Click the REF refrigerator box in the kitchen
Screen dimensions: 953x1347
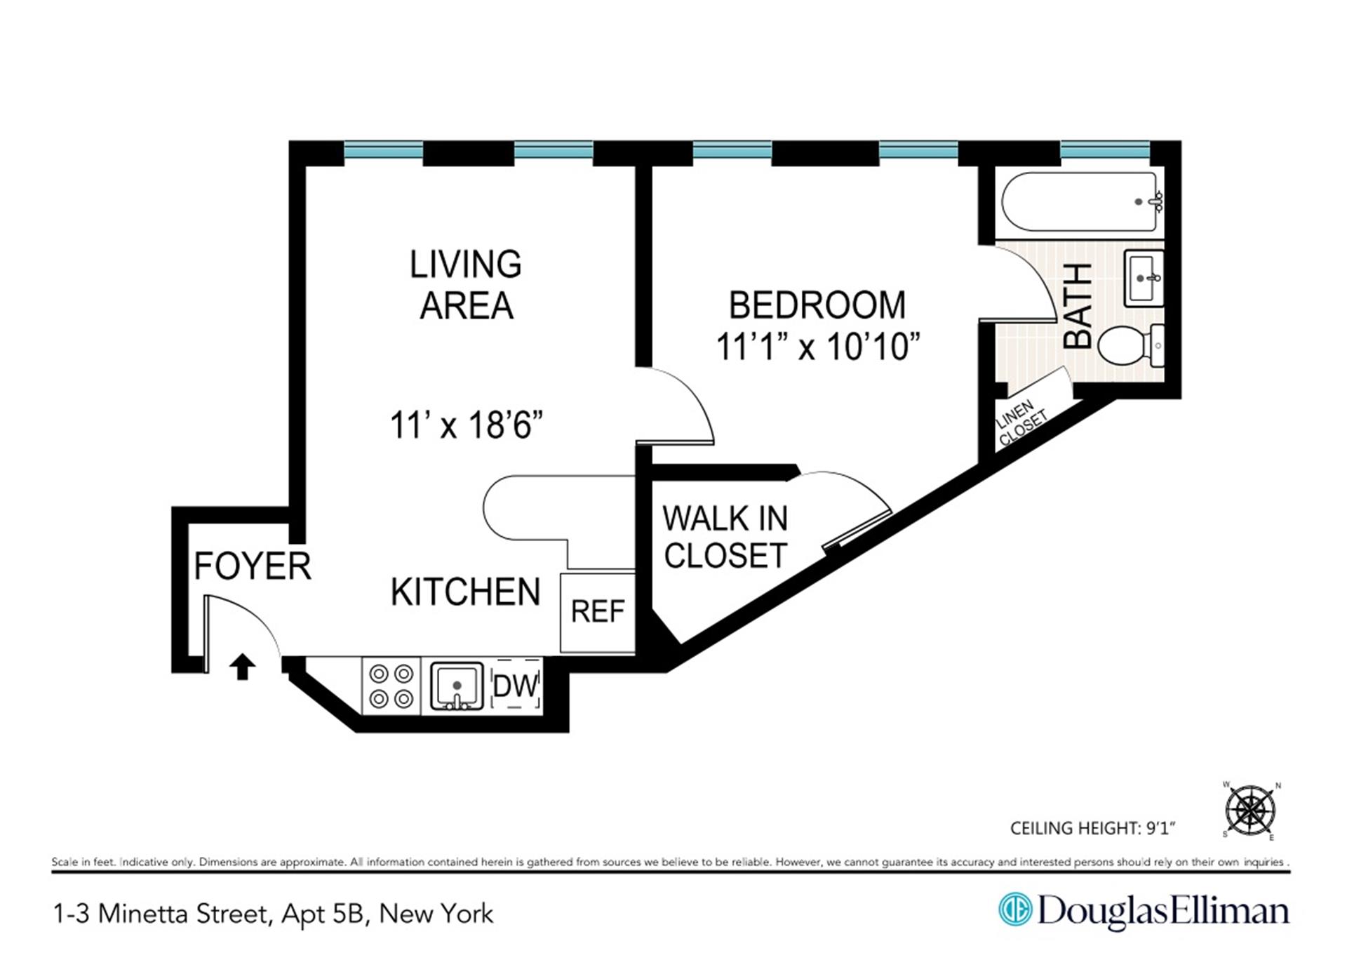pos(597,612)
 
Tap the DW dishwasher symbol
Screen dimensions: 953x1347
pos(516,686)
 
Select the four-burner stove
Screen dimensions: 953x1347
pos(391,686)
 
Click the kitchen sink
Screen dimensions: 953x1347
pos(457,686)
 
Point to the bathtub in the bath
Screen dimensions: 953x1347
pos(1080,202)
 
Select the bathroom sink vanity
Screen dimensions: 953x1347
pos(1144,279)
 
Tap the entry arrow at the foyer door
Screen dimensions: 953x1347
pos(242,667)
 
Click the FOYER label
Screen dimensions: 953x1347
pos(252,566)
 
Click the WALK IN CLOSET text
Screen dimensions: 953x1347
pos(725,537)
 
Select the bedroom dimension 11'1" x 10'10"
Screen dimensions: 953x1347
pos(817,347)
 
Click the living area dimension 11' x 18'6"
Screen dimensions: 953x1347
pos(467,425)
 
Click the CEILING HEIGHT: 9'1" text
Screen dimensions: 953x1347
pos(1092,828)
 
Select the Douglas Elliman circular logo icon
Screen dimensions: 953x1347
pos(1015,910)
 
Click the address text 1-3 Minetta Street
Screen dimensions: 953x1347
pos(161,914)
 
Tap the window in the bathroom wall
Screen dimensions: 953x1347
pos(1104,149)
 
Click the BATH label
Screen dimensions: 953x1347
pos(1078,306)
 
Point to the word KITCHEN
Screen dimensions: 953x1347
pos(465,592)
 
